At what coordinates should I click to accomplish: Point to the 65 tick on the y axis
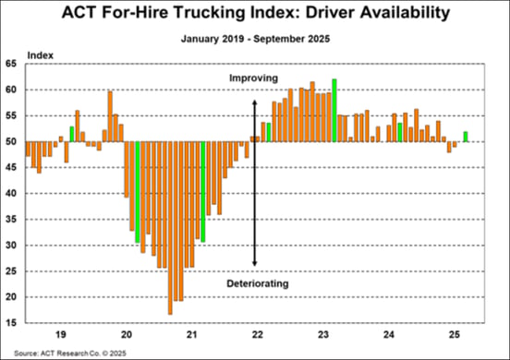[14, 64]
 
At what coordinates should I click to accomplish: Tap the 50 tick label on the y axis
[14, 141]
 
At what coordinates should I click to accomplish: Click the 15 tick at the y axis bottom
[14, 323]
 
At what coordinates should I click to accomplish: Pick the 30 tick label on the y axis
[14, 246]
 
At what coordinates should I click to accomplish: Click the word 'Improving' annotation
[253, 78]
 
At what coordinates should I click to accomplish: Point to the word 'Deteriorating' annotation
[259, 283]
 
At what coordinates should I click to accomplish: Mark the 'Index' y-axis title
[41, 54]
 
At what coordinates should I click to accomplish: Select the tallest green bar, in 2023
[334, 110]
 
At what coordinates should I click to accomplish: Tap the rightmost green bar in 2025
[465, 137]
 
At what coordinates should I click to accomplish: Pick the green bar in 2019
[72, 134]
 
